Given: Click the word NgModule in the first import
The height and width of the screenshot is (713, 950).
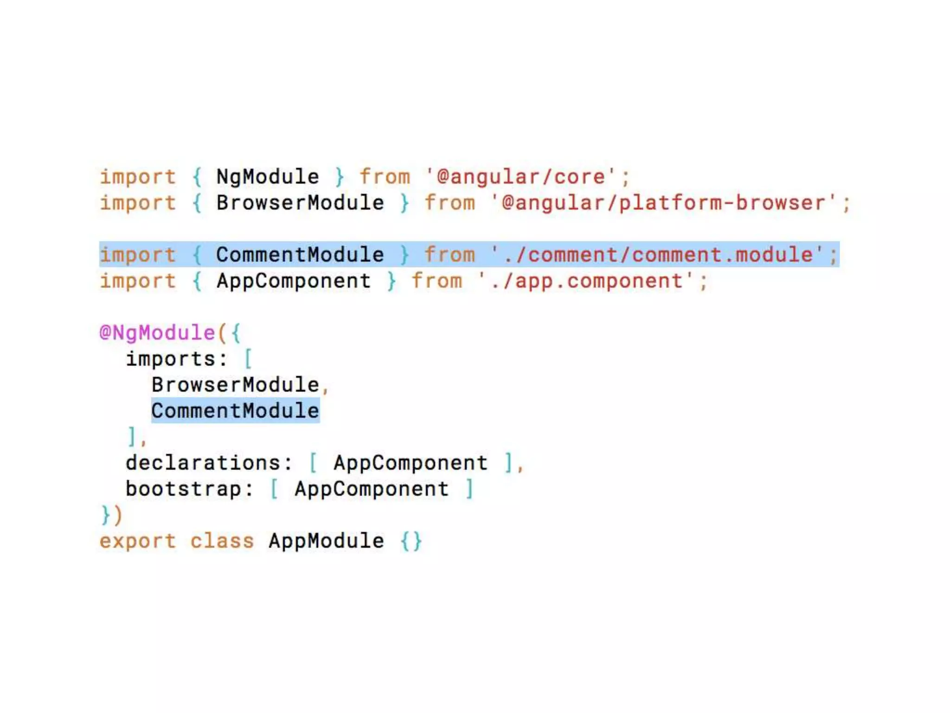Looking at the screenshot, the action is tap(268, 177).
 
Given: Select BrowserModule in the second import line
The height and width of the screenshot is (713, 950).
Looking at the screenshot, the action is tap(300, 203).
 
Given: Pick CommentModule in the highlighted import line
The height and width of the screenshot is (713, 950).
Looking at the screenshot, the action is tap(300, 255).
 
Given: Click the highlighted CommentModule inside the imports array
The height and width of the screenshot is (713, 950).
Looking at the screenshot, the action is tap(235, 411).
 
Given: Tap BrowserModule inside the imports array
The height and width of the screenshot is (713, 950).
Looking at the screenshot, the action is tap(235, 385).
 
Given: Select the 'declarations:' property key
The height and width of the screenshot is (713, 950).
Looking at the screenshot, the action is tap(209, 463).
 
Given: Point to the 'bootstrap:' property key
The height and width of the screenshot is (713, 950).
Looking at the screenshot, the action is tap(190, 489).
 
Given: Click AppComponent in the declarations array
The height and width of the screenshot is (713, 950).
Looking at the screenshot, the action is tap(411, 463).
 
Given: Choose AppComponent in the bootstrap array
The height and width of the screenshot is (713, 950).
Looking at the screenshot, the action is tap(372, 489).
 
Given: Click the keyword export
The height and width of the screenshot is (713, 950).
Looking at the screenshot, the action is tap(138, 541).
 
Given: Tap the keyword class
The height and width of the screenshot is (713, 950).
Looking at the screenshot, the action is tap(222, 541).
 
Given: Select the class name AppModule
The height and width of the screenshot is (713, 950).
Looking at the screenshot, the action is tap(326, 541).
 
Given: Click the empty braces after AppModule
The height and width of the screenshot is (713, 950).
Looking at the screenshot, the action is tap(411, 541).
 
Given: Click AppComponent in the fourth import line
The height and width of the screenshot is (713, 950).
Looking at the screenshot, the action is tap(294, 281).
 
